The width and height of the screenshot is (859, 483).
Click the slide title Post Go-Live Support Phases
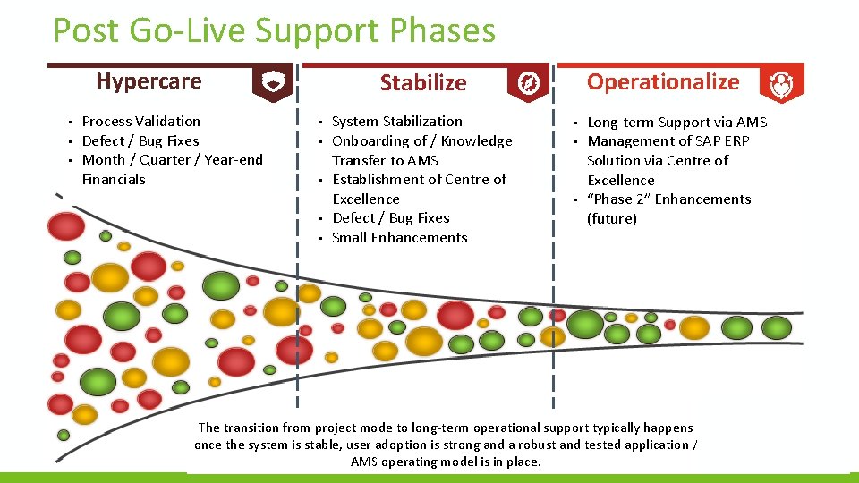point(274,30)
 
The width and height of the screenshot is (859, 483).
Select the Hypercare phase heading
point(149,81)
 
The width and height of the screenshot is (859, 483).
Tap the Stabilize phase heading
point(422,83)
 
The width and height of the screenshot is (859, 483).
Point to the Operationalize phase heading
point(662,82)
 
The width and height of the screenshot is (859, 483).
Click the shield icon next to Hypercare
point(271,83)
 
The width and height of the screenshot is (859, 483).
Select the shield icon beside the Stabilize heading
point(528,83)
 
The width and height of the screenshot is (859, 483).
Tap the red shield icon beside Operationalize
point(781,84)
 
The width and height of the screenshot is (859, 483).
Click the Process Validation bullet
point(140,121)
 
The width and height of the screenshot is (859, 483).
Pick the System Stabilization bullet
point(396,121)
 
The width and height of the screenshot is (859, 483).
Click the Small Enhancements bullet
point(399,237)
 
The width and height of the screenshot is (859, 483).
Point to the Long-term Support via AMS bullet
point(676,122)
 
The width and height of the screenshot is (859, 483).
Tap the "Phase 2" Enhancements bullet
point(668,199)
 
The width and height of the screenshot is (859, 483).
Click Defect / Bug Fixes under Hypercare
point(140,140)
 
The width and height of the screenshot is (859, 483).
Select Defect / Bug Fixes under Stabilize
point(390,217)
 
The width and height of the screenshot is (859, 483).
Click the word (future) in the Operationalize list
point(611,219)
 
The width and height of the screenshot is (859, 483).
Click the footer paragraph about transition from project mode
point(446,445)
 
